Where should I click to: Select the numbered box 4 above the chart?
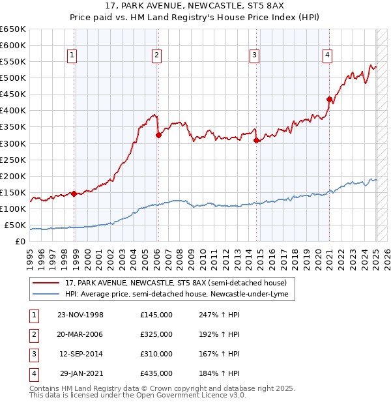pyautogui.click(x=326, y=55)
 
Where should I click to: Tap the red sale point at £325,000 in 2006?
pyautogui.click(x=158, y=136)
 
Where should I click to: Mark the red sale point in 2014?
pyautogui.click(x=256, y=140)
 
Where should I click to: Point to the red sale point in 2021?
pyautogui.click(x=330, y=99)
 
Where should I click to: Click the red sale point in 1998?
pyautogui.click(x=74, y=194)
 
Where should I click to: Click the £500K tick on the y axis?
pyautogui.click(x=13, y=78)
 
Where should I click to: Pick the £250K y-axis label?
pyautogui.click(x=13, y=160)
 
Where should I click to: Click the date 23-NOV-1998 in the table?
pyautogui.click(x=81, y=315)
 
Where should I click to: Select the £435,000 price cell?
pyautogui.click(x=156, y=373)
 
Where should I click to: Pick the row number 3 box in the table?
pyautogui.click(x=33, y=354)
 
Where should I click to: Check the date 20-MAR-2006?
pyautogui.click(x=81, y=334)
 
